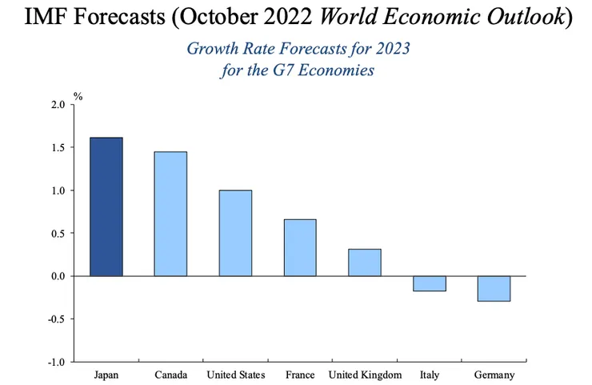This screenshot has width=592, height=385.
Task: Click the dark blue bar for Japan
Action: click(x=106, y=207)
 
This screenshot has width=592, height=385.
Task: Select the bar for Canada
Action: click(x=170, y=214)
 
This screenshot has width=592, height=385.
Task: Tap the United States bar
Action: click(x=235, y=233)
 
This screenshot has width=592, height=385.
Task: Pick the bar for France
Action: click(x=300, y=247)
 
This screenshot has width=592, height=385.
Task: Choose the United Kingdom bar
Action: click(x=365, y=263)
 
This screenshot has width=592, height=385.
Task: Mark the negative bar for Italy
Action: click(x=429, y=283)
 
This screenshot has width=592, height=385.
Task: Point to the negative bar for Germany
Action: click(x=494, y=288)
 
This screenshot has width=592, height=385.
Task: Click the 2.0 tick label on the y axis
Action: click(x=58, y=105)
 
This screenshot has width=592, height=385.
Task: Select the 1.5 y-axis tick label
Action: click(x=58, y=148)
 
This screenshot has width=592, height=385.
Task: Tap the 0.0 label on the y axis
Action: click(x=58, y=276)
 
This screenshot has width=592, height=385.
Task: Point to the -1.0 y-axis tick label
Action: click(x=57, y=362)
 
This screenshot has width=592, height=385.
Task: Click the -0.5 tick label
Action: click(x=57, y=319)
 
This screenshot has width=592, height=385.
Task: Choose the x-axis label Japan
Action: click(x=106, y=375)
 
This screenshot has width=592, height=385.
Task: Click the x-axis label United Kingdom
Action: click(x=365, y=375)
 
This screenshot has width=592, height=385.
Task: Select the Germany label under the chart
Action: click(x=494, y=375)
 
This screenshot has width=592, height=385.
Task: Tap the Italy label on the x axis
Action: click(x=429, y=375)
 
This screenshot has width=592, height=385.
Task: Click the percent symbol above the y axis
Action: click(x=78, y=96)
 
